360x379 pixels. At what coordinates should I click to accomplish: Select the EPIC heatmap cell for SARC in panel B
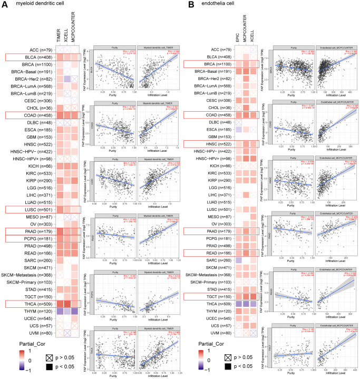[239, 260]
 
